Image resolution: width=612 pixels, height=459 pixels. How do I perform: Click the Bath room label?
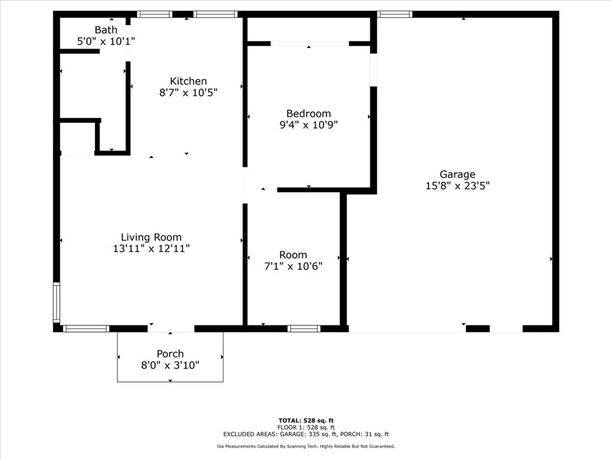(x=106, y=30)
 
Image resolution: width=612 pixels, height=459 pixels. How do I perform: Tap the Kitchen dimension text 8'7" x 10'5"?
(x=188, y=93)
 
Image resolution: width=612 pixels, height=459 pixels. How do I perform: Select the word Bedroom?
(x=308, y=114)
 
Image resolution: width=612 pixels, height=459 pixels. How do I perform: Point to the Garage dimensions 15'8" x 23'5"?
(x=457, y=185)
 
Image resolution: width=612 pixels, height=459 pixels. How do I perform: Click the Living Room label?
(x=151, y=237)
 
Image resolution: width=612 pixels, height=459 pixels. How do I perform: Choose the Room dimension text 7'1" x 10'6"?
(x=293, y=266)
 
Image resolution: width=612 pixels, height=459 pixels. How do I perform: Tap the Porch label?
(x=170, y=354)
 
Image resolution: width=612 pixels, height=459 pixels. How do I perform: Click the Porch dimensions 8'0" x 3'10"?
(x=170, y=365)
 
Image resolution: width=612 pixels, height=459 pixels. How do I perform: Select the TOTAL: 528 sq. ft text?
(x=306, y=421)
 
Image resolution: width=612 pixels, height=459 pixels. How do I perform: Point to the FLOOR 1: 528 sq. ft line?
(x=306, y=427)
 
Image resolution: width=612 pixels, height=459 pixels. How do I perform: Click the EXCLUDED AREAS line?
(x=306, y=434)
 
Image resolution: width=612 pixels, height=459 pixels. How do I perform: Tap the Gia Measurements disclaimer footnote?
(x=306, y=446)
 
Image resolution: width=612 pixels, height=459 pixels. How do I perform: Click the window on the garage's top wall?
(x=394, y=14)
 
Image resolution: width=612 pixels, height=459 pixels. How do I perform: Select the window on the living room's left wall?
(x=57, y=303)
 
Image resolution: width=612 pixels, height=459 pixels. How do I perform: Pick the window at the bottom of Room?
(x=304, y=329)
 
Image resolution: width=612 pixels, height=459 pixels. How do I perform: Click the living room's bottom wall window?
(x=86, y=329)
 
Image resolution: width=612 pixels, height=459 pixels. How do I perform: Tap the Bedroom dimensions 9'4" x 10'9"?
(x=308, y=125)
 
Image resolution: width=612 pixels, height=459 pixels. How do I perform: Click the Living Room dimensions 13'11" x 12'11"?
(x=151, y=248)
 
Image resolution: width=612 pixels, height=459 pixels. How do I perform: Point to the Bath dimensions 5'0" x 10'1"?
(x=106, y=41)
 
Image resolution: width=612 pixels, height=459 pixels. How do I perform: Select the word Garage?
(x=457, y=175)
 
